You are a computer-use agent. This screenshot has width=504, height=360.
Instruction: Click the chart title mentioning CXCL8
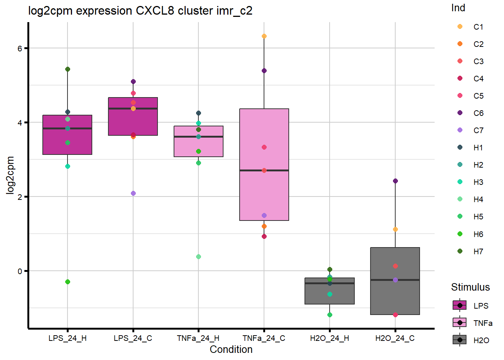140,11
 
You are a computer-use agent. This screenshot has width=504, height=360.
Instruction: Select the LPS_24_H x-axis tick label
67,338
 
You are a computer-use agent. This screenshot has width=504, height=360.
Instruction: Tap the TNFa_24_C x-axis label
264,338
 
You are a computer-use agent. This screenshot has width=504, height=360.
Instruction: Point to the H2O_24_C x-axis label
395,338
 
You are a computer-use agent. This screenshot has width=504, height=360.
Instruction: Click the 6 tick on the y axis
20,48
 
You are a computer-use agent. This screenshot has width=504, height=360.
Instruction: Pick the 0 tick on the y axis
20,271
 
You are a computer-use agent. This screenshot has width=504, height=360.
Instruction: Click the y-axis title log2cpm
10,175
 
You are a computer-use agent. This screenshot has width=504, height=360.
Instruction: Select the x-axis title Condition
231,349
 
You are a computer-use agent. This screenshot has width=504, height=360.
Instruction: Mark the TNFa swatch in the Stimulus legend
460,323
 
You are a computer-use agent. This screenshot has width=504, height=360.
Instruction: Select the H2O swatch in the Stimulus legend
460,340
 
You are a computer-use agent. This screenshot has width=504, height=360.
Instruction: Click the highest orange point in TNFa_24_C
264,36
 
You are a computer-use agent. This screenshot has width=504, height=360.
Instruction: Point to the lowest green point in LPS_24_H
67,282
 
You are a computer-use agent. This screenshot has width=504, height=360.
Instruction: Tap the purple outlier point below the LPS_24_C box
133,193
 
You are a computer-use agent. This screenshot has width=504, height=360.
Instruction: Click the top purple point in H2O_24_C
395,181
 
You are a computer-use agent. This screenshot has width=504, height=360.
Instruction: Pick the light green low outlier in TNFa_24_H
198,257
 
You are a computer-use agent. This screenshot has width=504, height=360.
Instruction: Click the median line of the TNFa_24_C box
264,170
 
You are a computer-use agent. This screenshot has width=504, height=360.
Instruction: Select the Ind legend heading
458,8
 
